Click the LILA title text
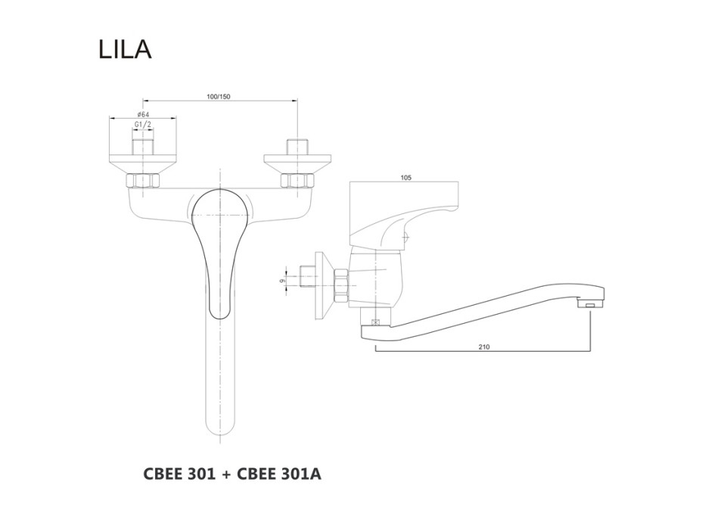pos(125,49)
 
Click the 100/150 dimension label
pos(219,97)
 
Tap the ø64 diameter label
pos(143,114)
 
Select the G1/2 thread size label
pos(143,125)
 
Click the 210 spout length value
pos(483,347)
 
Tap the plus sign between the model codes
pos(228,474)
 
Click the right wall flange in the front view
pos(295,160)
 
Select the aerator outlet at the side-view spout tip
pos(591,304)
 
